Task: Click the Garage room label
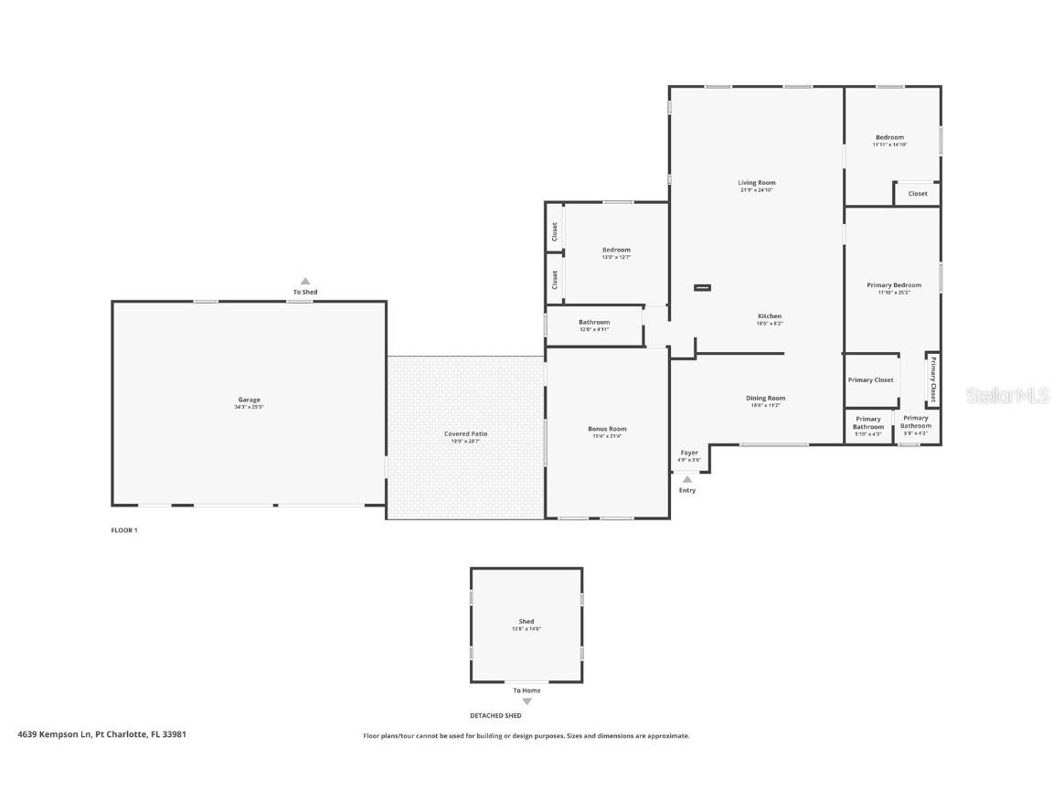(250, 400)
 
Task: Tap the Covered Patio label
(465, 434)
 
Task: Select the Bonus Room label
(607, 429)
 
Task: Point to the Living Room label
(757, 183)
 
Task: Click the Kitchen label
(769, 316)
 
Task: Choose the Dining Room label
(765, 398)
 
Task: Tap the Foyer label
(688, 453)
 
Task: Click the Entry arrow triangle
(687, 479)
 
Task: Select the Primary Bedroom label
(894, 285)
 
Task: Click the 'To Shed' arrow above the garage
(305, 282)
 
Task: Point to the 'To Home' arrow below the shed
(526, 701)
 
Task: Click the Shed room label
(526, 622)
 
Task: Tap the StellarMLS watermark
(1007, 395)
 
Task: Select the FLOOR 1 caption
(124, 530)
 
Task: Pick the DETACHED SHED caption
(495, 716)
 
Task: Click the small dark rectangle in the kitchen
(702, 288)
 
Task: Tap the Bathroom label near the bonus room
(594, 322)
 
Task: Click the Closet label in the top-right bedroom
(918, 194)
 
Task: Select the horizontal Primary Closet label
(870, 380)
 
